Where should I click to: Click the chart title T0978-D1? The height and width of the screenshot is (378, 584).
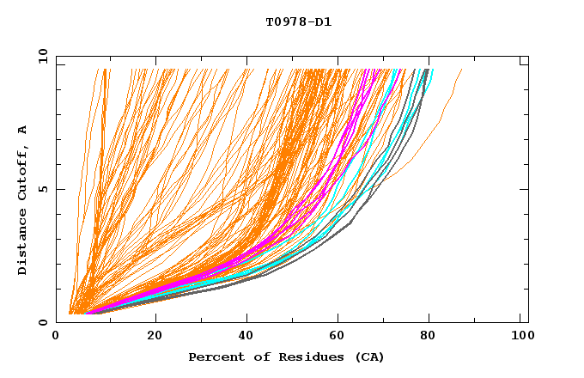[x=299, y=21]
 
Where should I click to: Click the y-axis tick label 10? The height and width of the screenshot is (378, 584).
[x=41, y=57]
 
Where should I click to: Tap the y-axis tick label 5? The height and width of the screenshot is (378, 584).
[x=45, y=189]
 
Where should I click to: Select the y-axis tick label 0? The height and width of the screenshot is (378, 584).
[x=45, y=322]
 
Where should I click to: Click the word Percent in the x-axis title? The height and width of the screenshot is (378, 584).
[x=212, y=357]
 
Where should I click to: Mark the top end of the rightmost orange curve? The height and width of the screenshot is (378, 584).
[x=462, y=70]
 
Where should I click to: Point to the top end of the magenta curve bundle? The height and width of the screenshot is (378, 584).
[x=368, y=70]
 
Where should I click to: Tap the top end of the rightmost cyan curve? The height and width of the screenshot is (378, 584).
[x=433, y=70]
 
